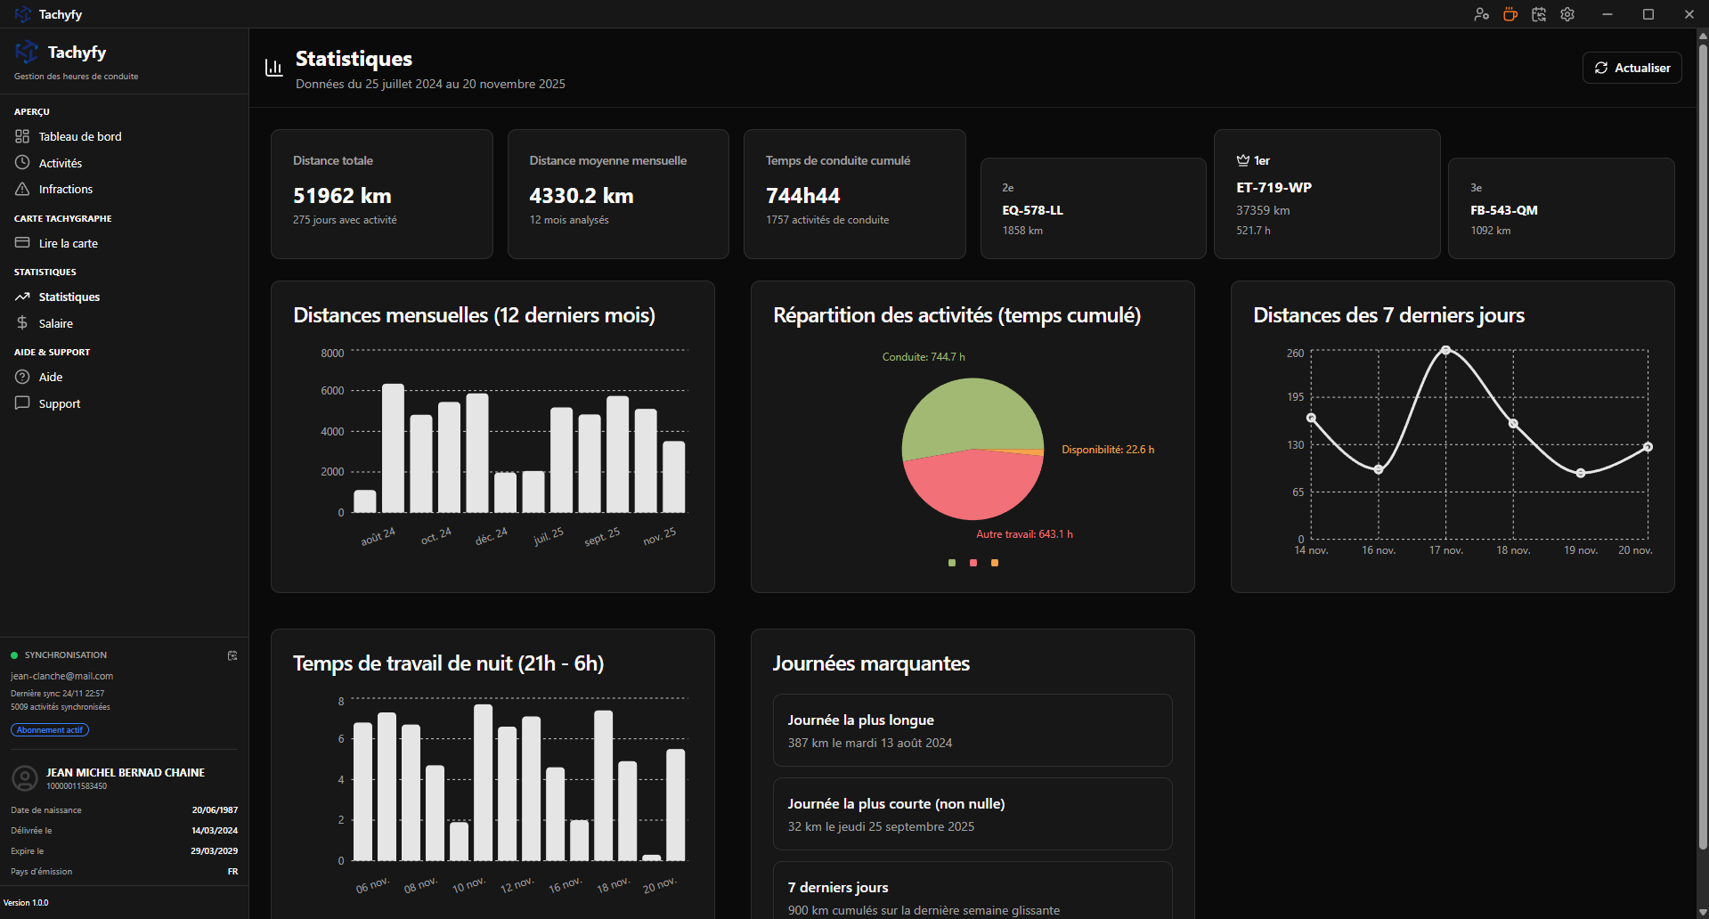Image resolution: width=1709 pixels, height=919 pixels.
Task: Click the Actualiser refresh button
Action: coord(1632,68)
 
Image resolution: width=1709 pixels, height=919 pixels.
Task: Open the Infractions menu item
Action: coord(65,190)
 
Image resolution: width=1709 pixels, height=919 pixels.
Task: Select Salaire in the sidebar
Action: coord(55,324)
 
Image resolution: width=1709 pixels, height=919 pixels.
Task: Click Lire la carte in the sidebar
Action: coord(68,244)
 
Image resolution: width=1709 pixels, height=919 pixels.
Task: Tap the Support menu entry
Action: coord(59,404)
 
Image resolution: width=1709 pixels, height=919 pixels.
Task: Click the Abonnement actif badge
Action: coord(50,730)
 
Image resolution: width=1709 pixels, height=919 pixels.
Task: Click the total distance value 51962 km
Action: coord(342,196)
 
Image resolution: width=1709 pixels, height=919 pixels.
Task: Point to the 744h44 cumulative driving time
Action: coord(802,196)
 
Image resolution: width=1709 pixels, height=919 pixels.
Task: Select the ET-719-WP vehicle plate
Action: coord(1274,188)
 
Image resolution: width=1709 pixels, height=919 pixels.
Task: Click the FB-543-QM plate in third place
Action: coord(1503,211)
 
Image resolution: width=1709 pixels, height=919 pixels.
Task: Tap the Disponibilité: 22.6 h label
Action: coord(1107,450)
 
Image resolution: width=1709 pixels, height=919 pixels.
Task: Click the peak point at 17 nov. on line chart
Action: coord(1445,350)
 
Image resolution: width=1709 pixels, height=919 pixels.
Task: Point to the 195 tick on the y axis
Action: coord(1295,397)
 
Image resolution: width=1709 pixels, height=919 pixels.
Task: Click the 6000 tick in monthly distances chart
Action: coord(332,391)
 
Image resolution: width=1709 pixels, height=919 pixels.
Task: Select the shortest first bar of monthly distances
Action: coord(365,501)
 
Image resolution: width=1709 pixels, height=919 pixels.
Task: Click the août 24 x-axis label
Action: coord(378,537)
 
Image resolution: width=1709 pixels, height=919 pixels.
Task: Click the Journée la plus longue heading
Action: coord(860,720)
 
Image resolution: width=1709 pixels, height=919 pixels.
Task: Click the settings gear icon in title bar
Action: coord(1567,14)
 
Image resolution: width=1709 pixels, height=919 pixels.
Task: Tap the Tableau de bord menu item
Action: coord(79,137)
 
